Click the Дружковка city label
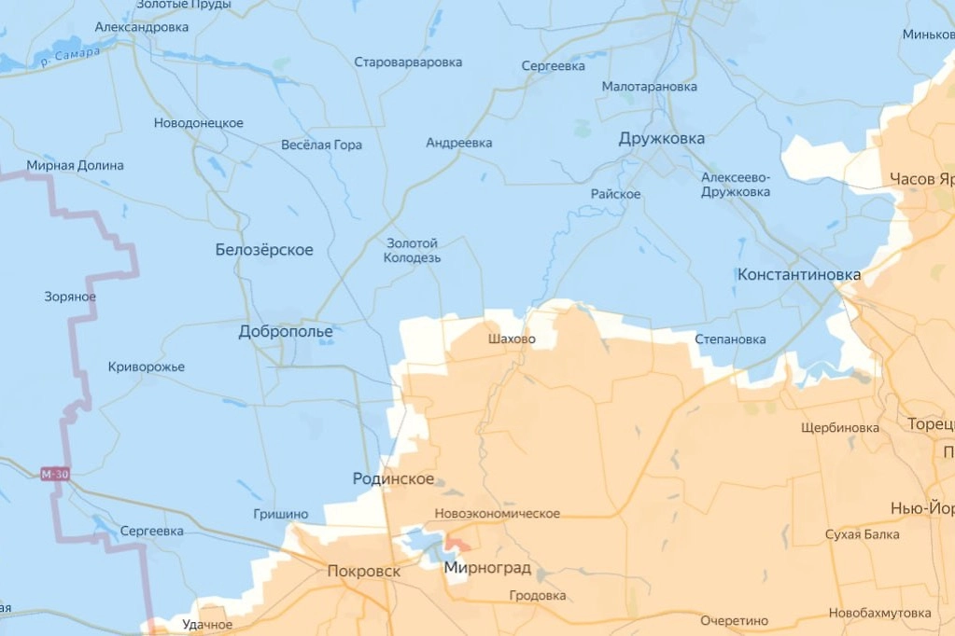661,139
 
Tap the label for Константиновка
798,275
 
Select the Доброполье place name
286,331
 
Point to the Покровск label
363,571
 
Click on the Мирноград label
487,568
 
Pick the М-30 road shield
54,474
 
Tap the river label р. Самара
70,57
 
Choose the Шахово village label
512,339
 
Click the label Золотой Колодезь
412,250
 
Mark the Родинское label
393,478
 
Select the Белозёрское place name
264,250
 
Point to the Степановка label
730,339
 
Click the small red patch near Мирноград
457,542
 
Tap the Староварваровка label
408,62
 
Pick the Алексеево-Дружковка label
736,185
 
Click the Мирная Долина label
75,166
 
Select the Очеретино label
734,620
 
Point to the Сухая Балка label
862,534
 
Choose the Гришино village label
280,514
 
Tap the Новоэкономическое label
497,514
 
